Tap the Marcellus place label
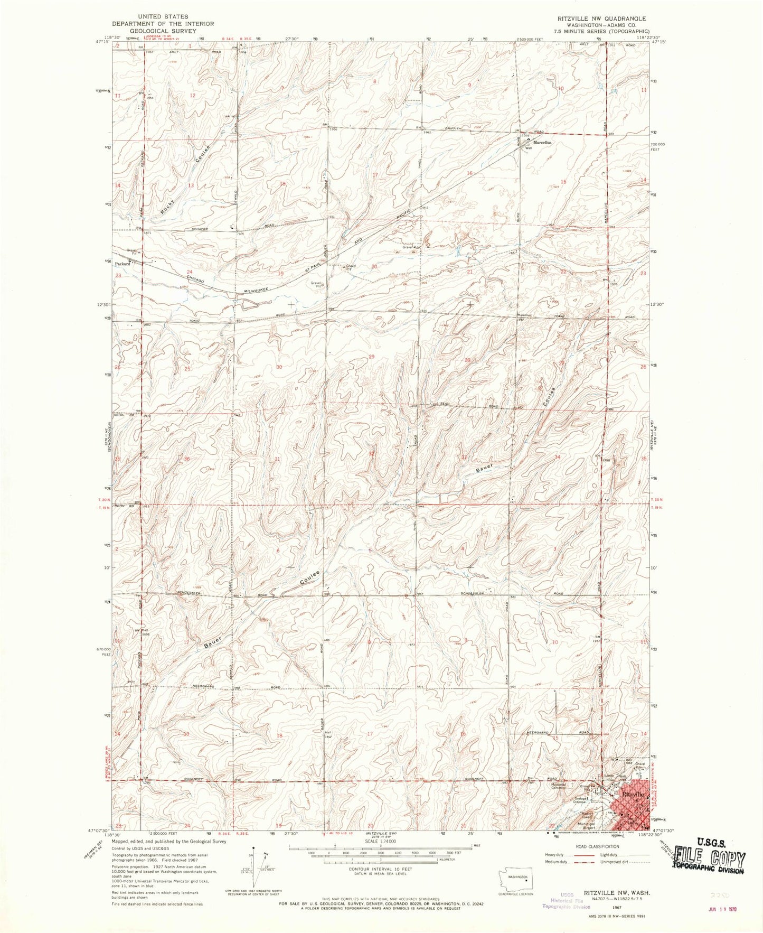pos(542,143)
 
